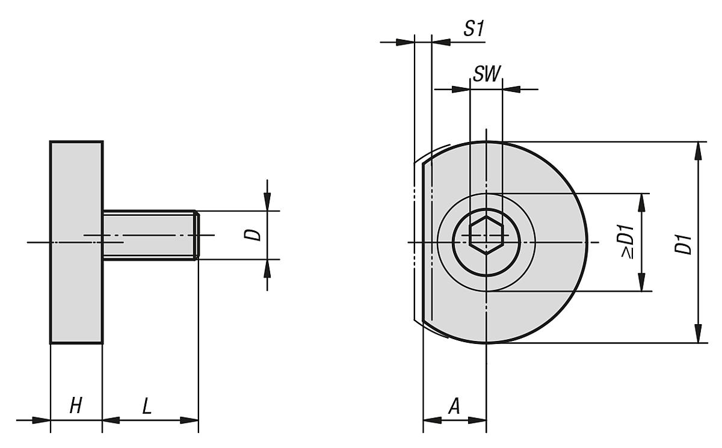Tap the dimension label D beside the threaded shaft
(x=256, y=235)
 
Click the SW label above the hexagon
(x=486, y=75)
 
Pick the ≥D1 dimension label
(x=627, y=242)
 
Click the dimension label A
(x=454, y=407)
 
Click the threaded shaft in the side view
(x=149, y=235)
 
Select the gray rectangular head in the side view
(x=76, y=242)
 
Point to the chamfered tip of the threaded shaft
(x=196, y=235)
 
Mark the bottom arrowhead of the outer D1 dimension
(x=697, y=334)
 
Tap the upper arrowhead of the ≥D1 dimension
(x=643, y=202)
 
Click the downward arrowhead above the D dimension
(x=268, y=201)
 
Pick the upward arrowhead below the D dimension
(x=268, y=268)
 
